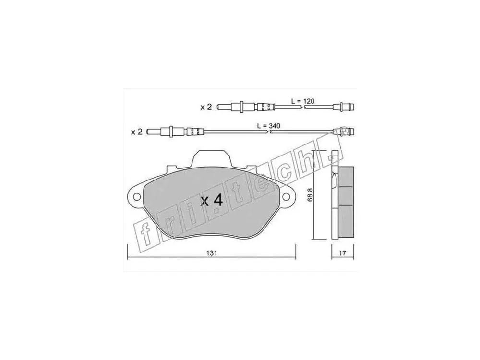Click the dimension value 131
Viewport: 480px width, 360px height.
[x=211, y=253]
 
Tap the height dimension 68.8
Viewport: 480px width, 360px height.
[x=309, y=195]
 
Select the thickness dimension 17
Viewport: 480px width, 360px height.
[x=343, y=253]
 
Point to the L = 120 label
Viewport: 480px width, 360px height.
[x=303, y=101]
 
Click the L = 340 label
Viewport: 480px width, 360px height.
[x=268, y=125]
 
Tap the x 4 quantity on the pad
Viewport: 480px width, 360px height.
[x=212, y=201]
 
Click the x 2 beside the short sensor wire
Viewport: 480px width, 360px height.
[x=206, y=107]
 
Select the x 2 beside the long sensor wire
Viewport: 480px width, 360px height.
[x=136, y=132]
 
